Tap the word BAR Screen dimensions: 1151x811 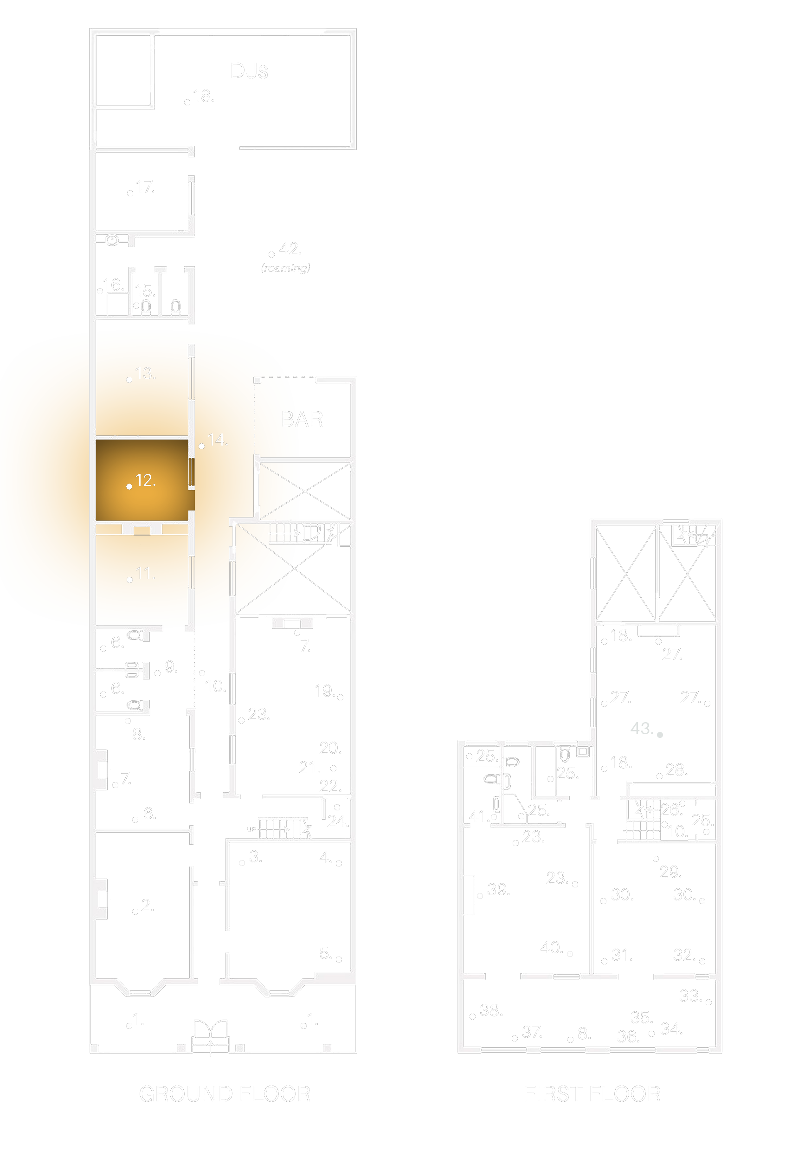(x=302, y=419)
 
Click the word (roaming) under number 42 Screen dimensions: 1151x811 (x=286, y=268)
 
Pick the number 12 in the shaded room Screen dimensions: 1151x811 (x=145, y=480)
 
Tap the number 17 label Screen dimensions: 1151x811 (x=145, y=187)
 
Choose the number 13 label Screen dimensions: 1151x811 (x=145, y=373)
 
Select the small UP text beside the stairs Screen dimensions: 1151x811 (x=251, y=829)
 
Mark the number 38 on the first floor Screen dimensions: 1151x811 (x=491, y=1010)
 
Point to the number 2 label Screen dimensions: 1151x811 (x=148, y=905)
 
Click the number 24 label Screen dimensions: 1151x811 (x=338, y=821)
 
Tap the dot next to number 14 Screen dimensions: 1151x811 (x=201, y=446)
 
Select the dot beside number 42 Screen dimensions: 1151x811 (x=272, y=255)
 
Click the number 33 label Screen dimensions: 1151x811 (x=690, y=996)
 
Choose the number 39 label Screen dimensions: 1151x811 (x=498, y=889)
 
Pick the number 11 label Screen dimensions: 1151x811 (x=145, y=574)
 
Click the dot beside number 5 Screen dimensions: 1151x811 (x=339, y=959)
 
